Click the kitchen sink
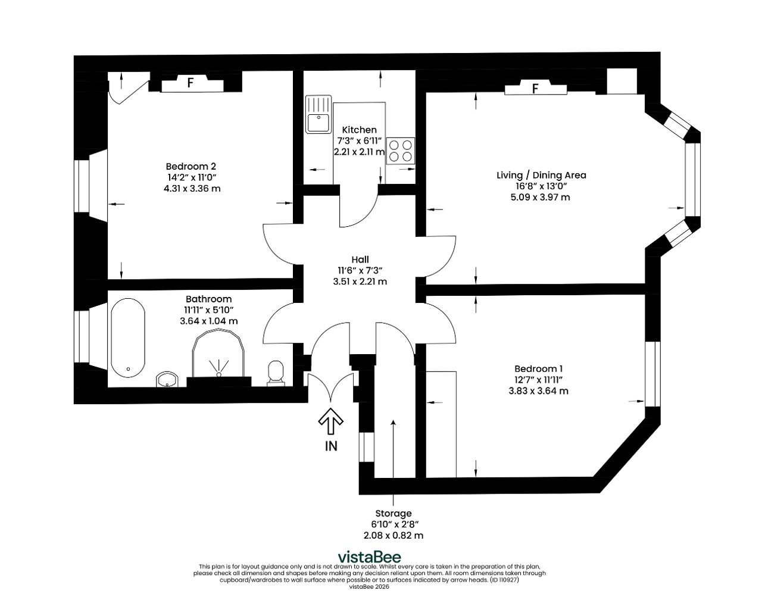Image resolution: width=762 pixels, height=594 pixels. pos(318,114)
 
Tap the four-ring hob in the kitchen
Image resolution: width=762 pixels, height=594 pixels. pos(401,151)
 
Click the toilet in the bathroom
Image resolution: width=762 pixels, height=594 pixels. pos(275,373)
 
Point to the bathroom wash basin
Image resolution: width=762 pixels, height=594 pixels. pos(167,380)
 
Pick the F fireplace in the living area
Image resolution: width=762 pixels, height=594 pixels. pos(535,87)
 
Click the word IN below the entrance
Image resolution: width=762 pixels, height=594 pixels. pos(331,446)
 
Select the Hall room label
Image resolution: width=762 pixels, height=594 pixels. pos(360,260)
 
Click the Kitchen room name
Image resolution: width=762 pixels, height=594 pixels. pos(360,130)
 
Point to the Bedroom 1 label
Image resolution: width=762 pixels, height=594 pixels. pos(539,368)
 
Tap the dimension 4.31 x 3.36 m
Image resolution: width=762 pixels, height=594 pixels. pos(192,189)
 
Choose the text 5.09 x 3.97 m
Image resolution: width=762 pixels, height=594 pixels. pos(541,197)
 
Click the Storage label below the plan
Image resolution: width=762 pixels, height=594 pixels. pos(394,514)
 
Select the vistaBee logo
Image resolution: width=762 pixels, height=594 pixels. pos(369,557)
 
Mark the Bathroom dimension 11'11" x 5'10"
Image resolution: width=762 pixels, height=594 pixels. pos(209,310)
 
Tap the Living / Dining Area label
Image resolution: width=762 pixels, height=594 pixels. pos(541,175)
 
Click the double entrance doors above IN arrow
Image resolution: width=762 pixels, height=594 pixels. pos(330,386)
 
